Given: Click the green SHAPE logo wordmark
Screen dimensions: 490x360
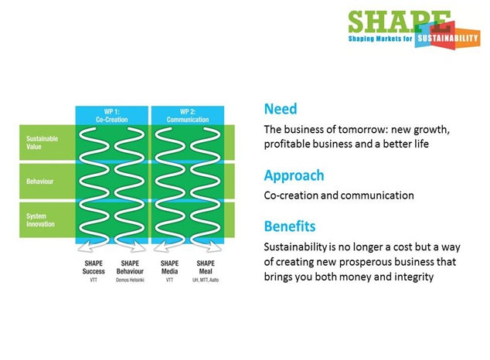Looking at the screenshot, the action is point(400,22).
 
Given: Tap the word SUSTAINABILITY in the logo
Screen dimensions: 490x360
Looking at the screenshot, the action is point(448,39).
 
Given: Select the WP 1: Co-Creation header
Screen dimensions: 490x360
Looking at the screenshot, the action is point(111,116).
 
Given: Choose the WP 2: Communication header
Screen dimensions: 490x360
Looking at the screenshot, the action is point(188,116).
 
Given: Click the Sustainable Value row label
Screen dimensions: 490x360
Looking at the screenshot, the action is point(42,142).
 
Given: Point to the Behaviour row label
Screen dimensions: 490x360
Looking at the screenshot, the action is point(39,182).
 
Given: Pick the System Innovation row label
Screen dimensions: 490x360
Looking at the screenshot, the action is point(40,220).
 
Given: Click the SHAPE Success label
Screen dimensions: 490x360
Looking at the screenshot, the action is point(94,267).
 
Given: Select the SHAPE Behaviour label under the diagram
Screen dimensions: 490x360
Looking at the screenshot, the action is point(130,267).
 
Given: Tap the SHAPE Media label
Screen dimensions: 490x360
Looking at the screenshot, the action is point(169,267).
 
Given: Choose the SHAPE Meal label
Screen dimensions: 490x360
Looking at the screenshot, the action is point(206,267).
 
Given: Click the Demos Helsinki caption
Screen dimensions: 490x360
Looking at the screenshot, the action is point(130,280).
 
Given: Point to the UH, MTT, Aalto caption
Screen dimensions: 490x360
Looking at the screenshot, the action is point(206,280).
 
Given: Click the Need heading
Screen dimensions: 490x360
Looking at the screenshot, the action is point(281,109).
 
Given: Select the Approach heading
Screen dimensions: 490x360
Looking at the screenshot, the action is point(294,176).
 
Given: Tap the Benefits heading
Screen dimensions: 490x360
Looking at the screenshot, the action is point(290,226).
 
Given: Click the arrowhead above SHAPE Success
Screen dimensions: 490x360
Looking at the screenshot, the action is point(83,246).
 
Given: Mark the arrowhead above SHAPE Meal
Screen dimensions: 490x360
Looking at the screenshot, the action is point(216,246).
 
